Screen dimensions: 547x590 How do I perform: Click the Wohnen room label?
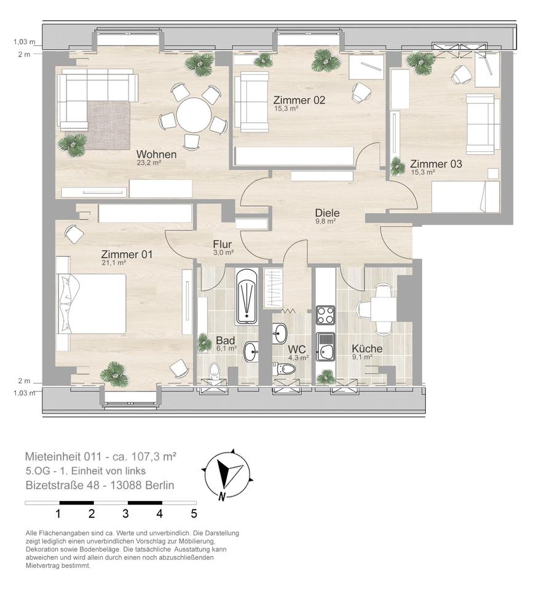[x=156, y=154]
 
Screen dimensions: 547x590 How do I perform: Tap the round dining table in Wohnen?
[x=194, y=115]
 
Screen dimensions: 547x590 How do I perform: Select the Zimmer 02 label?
[x=299, y=100]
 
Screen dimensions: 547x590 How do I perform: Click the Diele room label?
[x=328, y=213]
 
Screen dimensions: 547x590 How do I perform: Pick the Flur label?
[x=222, y=244]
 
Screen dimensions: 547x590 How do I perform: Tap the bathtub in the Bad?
[x=247, y=297]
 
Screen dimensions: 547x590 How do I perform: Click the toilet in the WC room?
[x=285, y=369]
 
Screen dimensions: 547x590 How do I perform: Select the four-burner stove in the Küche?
[x=326, y=315]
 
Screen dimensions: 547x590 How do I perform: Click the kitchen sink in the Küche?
[x=326, y=347]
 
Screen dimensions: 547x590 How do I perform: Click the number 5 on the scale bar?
[x=194, y=514]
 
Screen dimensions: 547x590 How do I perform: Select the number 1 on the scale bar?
[x=58, y=514]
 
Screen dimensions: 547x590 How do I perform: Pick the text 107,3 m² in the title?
[x=154, y=457]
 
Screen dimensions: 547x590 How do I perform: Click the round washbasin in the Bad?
[x=251, y=352]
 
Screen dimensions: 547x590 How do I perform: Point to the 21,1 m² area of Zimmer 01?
[x=114, y=262]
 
